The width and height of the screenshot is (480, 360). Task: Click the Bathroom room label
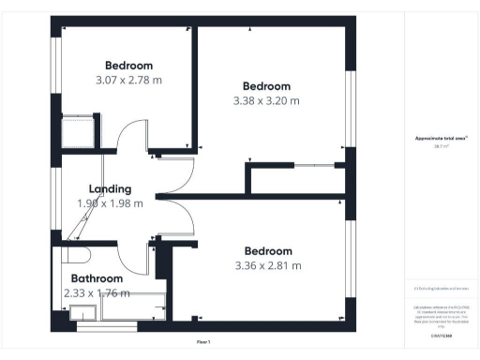coord(97,278)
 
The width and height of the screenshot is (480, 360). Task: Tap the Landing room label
coord(110,188)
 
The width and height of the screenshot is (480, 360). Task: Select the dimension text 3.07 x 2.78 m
coord(128,81)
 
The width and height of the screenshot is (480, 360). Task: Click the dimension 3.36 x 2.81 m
coord(268,265)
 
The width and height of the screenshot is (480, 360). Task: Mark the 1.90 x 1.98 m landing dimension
coord(110,202)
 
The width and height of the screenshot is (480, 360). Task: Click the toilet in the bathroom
coord(76,254)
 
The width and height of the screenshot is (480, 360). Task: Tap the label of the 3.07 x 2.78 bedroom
coord(128,66)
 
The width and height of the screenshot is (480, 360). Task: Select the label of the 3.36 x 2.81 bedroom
coord(268,250)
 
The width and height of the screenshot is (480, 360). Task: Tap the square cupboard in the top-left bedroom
coord(75,132)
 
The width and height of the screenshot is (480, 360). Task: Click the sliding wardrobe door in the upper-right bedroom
coord(314,166)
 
